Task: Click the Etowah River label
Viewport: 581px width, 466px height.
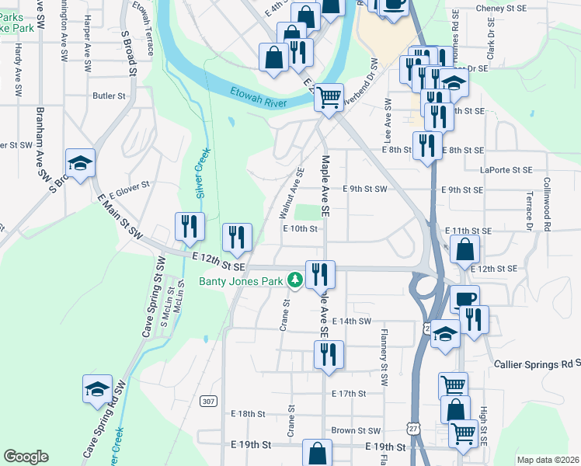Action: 259,97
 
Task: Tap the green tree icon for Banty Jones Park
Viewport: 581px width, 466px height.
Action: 294,280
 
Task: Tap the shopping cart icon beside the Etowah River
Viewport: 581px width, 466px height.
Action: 329,97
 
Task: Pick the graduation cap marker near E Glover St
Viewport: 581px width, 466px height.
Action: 80,163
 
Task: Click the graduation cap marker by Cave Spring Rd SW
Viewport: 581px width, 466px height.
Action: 97,388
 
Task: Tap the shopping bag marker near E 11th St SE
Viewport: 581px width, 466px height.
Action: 464,250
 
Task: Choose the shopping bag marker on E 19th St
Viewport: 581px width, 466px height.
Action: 317,453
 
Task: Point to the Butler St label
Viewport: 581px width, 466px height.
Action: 109,96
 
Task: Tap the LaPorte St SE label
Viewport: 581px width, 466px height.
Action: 506,169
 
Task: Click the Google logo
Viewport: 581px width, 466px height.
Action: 26,457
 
